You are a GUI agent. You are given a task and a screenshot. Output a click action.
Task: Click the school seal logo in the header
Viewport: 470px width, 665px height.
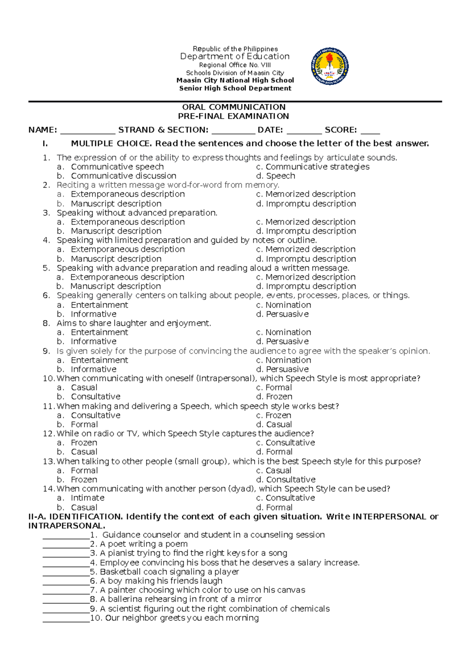point(330,67)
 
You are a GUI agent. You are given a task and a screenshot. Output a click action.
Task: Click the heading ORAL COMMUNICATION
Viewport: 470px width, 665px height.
point(233,107)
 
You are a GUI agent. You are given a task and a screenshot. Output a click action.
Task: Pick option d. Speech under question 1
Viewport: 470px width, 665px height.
point(276,176)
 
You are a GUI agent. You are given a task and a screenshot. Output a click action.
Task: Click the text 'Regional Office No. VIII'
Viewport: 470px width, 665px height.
point(235,65)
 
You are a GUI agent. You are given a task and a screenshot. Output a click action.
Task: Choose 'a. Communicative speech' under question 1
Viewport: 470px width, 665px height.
point(110,167)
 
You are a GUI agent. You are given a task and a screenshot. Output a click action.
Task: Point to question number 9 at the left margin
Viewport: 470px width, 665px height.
point(47,351)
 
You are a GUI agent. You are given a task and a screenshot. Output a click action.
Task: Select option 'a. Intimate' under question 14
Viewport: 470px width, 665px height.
point(81,498)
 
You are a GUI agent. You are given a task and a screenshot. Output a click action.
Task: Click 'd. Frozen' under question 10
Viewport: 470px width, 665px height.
point(274,396)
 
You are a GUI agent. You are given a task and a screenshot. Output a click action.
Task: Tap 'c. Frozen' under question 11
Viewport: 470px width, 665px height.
point(273,415)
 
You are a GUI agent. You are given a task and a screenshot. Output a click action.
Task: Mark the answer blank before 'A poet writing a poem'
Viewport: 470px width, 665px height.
point(66,544)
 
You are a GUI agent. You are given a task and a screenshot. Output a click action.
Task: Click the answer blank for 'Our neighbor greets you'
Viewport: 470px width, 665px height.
point(66,618)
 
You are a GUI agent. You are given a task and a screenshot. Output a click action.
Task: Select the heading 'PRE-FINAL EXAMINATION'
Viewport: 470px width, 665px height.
point(233,116)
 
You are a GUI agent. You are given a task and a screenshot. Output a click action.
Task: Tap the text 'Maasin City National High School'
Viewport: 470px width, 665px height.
point(235,80)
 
